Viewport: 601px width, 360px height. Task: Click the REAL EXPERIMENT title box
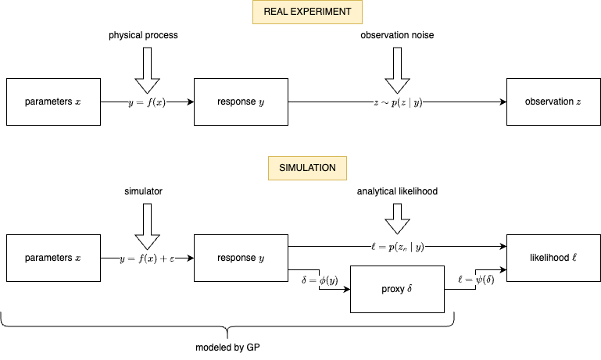(307, 12)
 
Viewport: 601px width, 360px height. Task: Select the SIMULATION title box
(307, 168)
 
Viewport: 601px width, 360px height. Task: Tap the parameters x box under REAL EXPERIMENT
(53, 102)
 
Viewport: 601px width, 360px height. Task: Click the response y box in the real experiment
(241, 102)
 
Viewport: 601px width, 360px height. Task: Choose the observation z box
(553, 102)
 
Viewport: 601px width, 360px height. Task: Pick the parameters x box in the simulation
(53, 258)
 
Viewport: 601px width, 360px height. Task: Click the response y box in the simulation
(241, 258)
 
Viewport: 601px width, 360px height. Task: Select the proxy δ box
(397, 289)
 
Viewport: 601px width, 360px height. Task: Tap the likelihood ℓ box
(553, 258)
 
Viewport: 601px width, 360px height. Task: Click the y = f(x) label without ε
(147, 102)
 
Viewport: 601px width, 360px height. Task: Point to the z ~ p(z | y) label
(398, 102)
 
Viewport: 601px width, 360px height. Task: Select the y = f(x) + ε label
(147, 258)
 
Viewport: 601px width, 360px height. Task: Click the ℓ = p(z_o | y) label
(398, 247)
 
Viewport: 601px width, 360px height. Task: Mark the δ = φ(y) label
(320, 280)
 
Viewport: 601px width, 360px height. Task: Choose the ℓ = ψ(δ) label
(476, 279)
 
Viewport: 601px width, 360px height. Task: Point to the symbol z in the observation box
(578, 102)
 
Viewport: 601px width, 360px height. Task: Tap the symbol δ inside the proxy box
(410, 289)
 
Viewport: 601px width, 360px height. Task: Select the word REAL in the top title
(276, 12)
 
